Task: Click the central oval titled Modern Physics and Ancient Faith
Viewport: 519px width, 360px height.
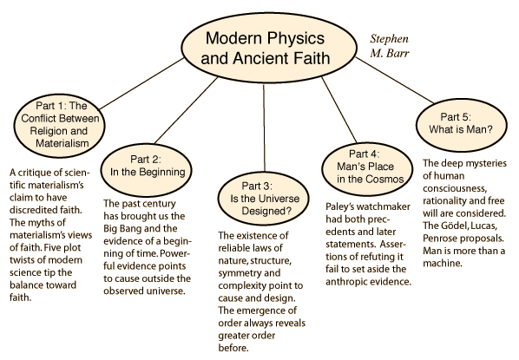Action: pyautogui.click(x=269, y=49)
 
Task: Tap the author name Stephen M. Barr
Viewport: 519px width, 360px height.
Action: pyautogui.click(x=389, y=46)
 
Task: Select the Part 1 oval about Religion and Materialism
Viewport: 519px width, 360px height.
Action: pyautogui.click(x=60, y=126)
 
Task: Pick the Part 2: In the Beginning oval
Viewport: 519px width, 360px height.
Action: pyautogui.click(x=147, y=169)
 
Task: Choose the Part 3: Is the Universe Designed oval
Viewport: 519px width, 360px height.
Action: pyautogui.click(x=263, y=199)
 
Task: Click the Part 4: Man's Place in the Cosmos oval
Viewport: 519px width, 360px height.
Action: pyautogui.click(x=367, y=168)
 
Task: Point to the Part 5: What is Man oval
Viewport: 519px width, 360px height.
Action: pyautogui.click(x=461, y=125)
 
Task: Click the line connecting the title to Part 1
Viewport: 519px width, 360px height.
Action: pyautogui.click(x=141, y=84)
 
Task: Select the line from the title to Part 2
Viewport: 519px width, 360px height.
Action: pyautogui.click(x=186, y=110)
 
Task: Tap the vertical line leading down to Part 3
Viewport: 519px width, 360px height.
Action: pyautogui.click(x=264, y=128)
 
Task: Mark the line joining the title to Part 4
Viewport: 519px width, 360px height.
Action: pyautogui.click(x=339, y=110)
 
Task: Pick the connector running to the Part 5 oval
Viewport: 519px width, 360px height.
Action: pyautogui.click(x=395, y=81)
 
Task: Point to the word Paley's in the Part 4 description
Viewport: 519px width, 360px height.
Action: pyautogui.click(x=339, y=206)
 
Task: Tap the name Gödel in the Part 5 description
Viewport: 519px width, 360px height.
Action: pyautogui.click(x=455, y=226)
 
